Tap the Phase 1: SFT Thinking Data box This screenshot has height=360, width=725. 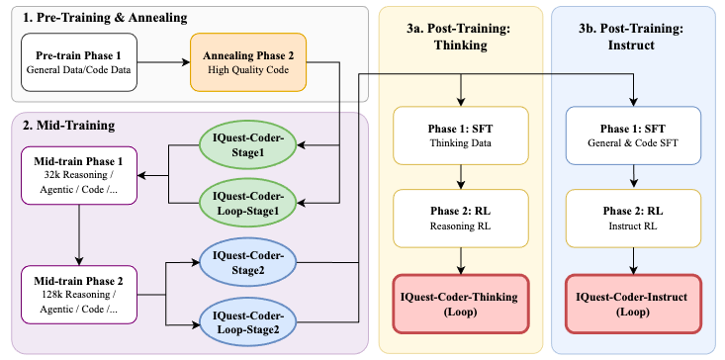coord(460,135)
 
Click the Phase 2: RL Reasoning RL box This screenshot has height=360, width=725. coord(460,220)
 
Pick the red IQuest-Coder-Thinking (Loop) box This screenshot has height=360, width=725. coord(460,304)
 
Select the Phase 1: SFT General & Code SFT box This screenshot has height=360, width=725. coord(633,135)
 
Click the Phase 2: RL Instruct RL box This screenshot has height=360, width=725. coord(633,220)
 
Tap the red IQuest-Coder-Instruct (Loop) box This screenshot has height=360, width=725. coord(633,304)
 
